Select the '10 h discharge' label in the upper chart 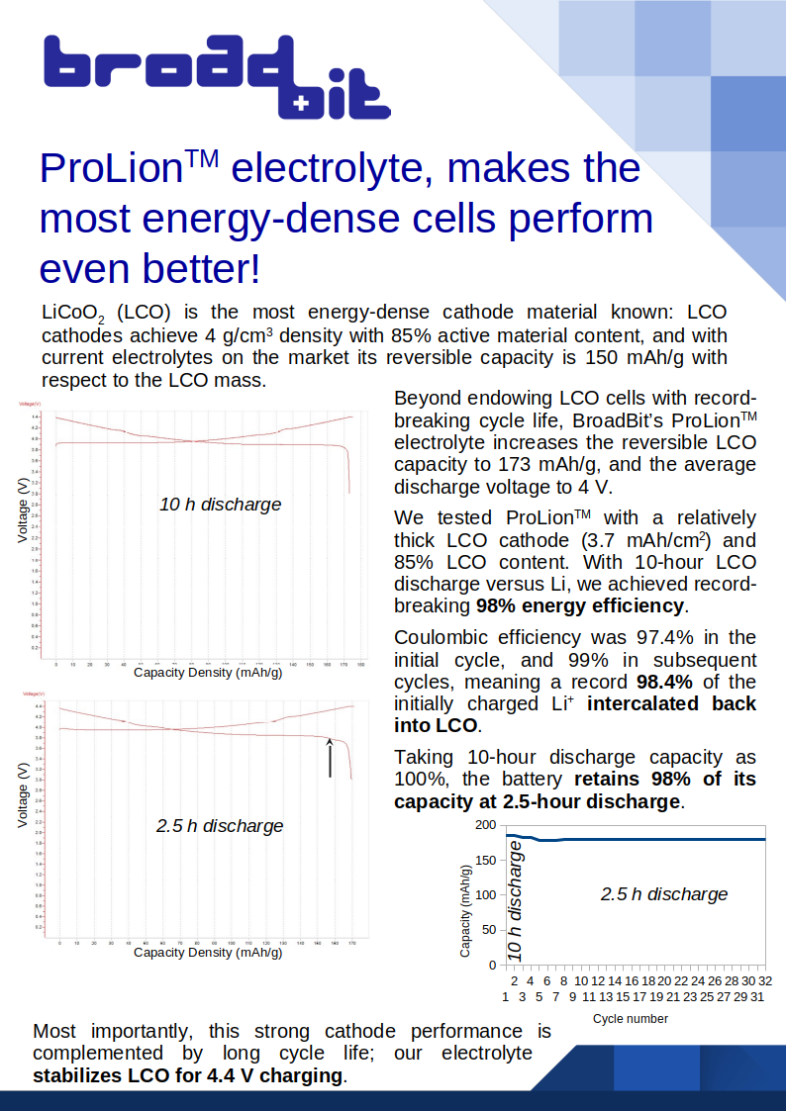click(x=220, y=505)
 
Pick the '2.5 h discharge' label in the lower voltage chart click(x=219, y=826)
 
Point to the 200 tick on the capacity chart click(x=485, y=825)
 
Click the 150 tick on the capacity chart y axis click(x=485, y=860)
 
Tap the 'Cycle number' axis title click(x=631, y=1019)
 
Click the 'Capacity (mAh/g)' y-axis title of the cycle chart click(x=465, y=909)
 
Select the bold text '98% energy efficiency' click(x=580, y=605)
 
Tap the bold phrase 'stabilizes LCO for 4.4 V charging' click(x=188, y=1075)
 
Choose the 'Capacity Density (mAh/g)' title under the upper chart click(x=208, y=673)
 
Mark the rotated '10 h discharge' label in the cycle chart click(x=514, y=900)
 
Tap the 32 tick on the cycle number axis click(x=764, y=980)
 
